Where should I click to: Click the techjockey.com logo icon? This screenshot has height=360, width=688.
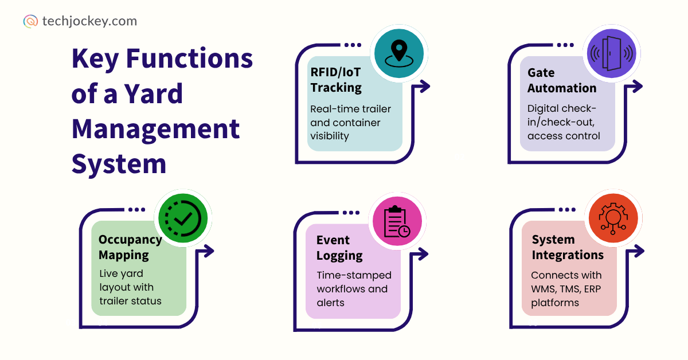point(30,21)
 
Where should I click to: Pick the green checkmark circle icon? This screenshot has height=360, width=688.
point(184,218)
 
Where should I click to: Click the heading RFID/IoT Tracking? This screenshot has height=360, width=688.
point(336,80)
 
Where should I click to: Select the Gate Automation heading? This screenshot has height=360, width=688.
point(562,80)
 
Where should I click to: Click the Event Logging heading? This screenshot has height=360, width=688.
point(339,248)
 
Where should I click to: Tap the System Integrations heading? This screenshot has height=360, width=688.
point(568,247)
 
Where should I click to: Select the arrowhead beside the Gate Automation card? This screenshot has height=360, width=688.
point(638,87)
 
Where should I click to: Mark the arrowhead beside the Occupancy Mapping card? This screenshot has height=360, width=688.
point(210,251)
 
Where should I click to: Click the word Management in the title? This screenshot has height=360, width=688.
point(155,128)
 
